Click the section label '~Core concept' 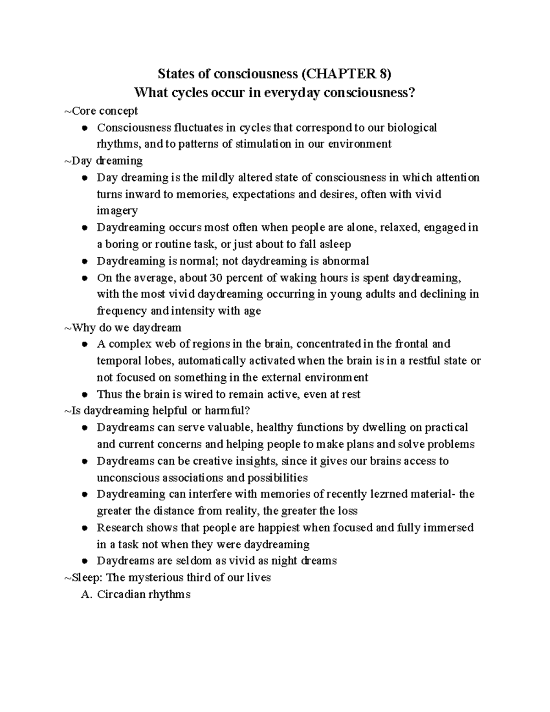click(x=101, y=110)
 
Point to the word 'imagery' click(x=117, y=210)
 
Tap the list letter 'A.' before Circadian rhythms click(x=86, y=594)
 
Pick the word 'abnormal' click(x=346, y=261)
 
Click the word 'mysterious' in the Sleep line click(x=154, y=577)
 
